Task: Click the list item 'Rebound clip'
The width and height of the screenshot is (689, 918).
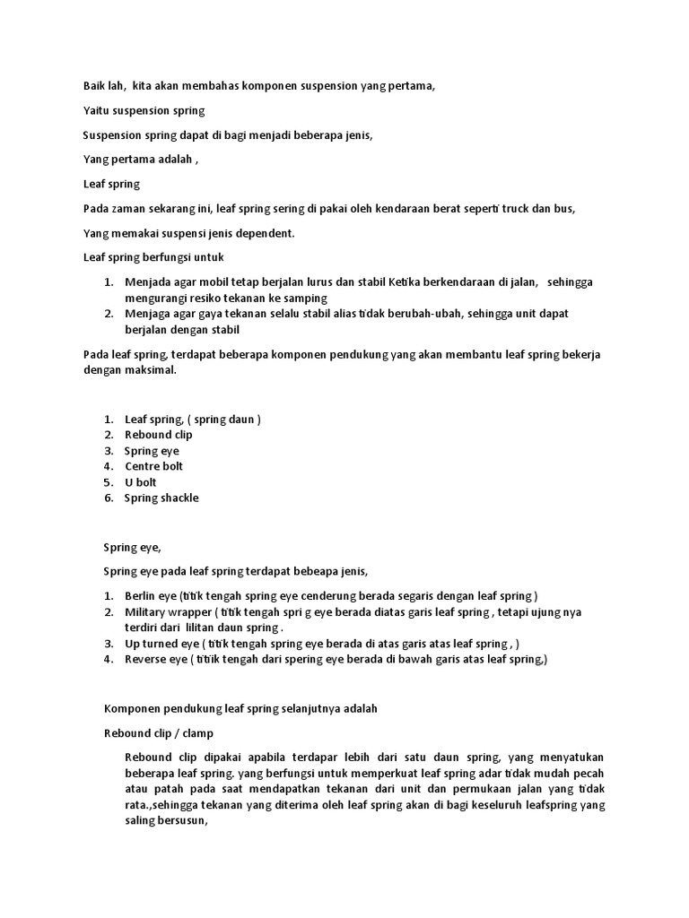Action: pos(158,435)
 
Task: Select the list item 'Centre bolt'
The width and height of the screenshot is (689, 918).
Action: pos(153,466)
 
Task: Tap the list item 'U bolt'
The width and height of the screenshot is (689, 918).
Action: pos(140,482)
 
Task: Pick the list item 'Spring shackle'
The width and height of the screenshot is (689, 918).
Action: pos(161,498)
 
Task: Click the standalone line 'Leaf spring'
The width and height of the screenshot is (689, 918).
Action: pos(111,184)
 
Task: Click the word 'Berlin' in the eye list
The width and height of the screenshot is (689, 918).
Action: pos(141,596)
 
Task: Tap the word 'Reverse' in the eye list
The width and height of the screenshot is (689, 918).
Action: pos(145,659)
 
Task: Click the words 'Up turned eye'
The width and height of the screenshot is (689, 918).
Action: pos(161,644)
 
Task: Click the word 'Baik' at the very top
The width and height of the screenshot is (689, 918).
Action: pos(95,86)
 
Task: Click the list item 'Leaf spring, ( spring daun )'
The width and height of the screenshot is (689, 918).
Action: pos(193,419)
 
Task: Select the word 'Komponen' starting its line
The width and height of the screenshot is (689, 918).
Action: pos(131,708)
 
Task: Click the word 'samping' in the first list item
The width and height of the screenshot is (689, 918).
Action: pos(307,298)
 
